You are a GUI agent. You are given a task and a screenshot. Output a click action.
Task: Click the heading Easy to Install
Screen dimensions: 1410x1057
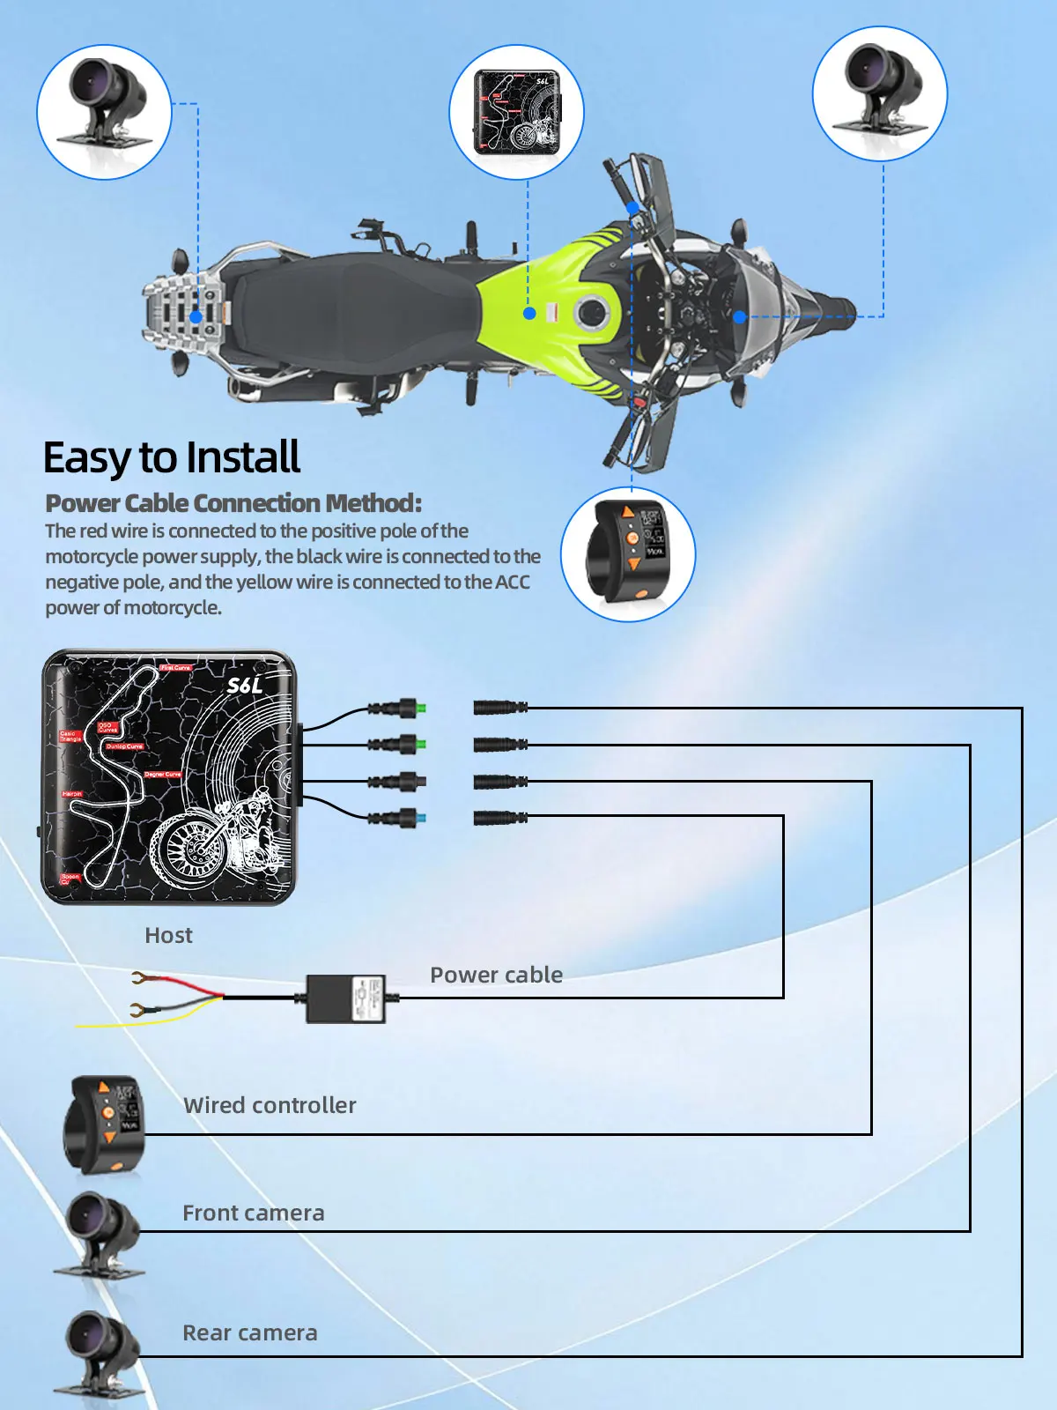pos(172,458)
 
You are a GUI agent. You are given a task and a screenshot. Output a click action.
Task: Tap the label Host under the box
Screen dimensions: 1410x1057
pos(168,935)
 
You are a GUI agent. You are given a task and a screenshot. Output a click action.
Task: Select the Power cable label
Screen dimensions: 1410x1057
pos(496,975)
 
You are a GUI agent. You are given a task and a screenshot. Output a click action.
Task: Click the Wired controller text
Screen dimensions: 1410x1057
pos(270,1105)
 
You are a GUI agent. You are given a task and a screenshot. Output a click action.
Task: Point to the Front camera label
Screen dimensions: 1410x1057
pos(253,1213)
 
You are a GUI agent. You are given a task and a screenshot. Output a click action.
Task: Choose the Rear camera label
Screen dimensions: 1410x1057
pos(249,1332)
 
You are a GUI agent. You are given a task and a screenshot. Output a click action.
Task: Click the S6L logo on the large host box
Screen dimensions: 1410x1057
pos(244,685)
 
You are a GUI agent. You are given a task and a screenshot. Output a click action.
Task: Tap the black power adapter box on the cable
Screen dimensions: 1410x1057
pos(346,998)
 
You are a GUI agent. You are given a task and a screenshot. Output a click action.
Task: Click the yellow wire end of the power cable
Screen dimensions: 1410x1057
pos(88,1025)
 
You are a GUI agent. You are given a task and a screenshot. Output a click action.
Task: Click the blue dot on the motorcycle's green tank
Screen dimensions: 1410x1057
pos(529,313)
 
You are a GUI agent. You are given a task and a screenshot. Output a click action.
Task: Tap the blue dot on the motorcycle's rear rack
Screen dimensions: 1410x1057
pos(196,316)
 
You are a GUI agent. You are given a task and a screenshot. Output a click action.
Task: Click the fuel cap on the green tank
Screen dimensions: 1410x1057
pos(588,312)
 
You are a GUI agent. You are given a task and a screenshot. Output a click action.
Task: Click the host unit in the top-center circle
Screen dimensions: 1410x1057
pos(517,113)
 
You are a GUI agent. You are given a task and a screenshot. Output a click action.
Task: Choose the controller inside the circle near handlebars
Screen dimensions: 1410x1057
pos(627,553)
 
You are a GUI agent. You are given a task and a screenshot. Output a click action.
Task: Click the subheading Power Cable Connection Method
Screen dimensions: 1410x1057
pos(233,503)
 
